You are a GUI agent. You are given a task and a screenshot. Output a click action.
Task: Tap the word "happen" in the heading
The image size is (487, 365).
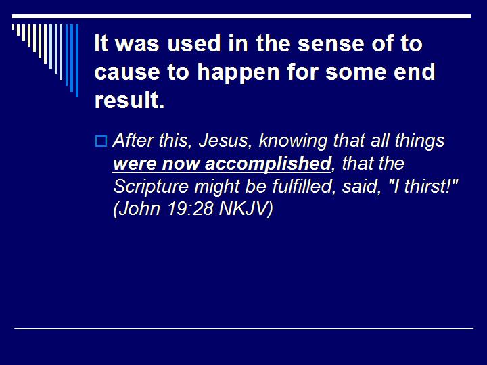pos(206,73)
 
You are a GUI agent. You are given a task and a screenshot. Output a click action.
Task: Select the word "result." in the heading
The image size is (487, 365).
pos(130,100)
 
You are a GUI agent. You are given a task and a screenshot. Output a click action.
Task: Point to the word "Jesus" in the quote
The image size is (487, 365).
pos(201,141)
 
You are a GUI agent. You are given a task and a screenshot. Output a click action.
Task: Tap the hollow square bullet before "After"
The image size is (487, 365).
pos(101,141)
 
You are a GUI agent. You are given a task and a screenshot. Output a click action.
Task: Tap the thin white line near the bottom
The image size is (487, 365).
pos(243,328)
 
